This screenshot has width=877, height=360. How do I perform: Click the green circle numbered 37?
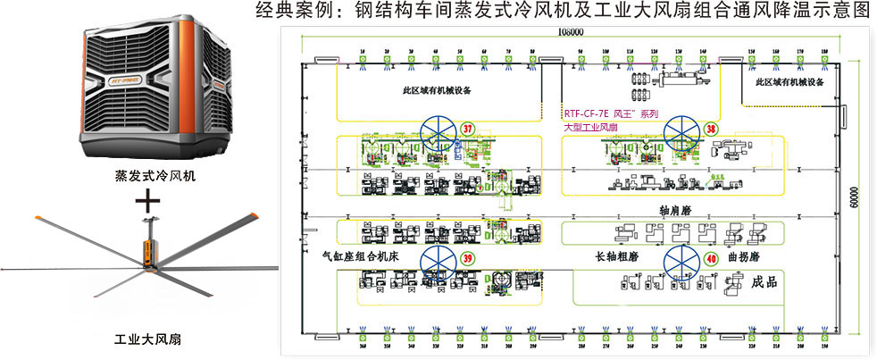pyautogui.click(x=467, y=129)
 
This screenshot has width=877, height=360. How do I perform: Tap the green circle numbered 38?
pyautogui.click(x=711, y=129)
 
